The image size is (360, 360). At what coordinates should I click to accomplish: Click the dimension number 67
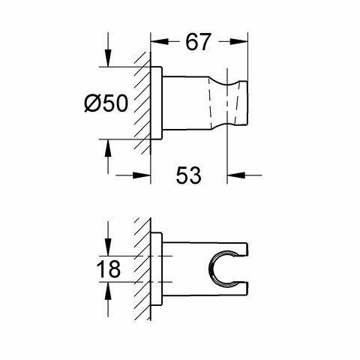[x=198, y=41]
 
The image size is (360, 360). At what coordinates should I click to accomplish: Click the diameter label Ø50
[x=106, y=103]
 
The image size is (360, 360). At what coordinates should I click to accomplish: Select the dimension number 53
[x=188, y=175]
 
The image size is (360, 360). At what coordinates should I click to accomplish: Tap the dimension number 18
[x=108, y=269]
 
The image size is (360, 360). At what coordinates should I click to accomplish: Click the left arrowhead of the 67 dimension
[x=160, y=41]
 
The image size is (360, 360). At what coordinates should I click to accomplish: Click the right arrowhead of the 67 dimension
[x=238, y=41]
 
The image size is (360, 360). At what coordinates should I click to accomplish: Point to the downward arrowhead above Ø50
[x=108, y=58]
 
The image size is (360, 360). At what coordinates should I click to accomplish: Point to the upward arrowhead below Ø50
[x=108, y=148]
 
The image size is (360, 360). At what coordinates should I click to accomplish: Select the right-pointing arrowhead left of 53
[x=142, y=175]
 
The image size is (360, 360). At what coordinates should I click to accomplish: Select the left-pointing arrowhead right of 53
[x=236, y=175]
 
